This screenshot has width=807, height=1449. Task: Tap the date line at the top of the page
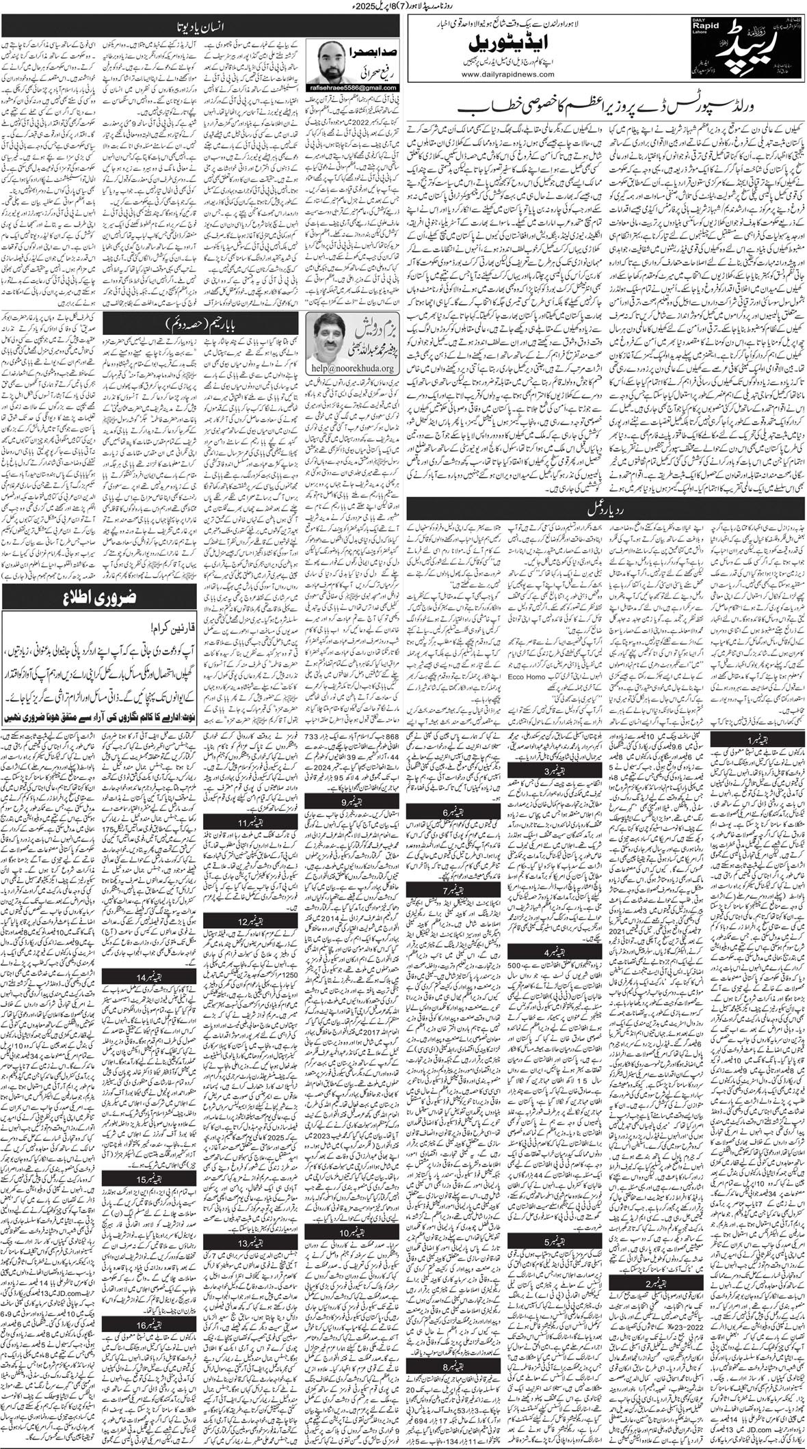(403, 5)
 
